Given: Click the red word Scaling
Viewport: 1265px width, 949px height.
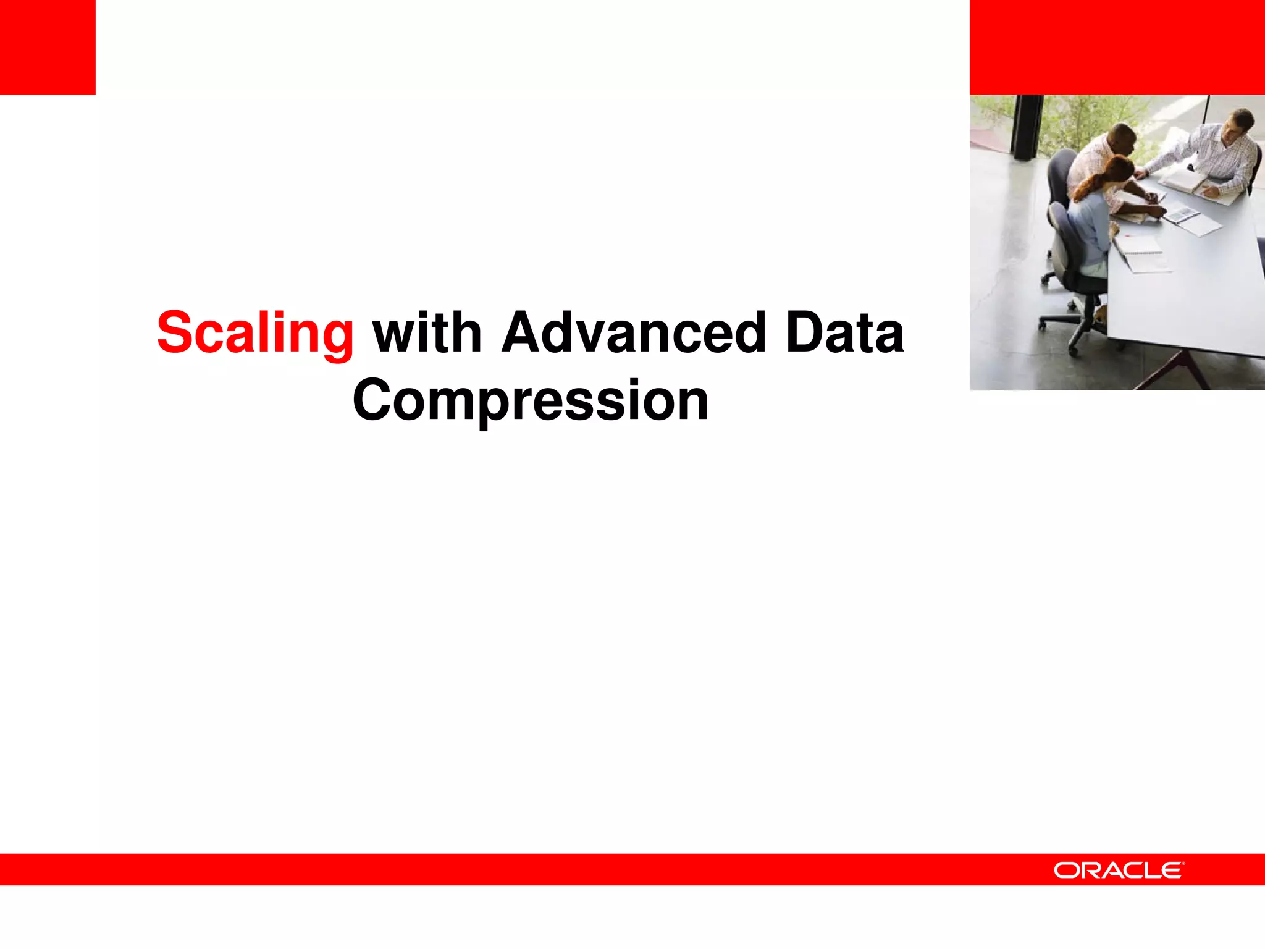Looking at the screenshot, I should [255, 334].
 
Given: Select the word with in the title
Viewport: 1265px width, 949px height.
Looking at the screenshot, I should [427, 334].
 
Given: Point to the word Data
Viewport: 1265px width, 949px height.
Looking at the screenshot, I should [844, 334].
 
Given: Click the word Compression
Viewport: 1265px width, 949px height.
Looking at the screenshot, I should [531, 401].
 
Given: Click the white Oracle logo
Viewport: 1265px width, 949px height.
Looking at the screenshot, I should [1119, 870].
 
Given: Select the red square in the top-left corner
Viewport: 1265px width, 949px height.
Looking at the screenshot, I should [48, 47].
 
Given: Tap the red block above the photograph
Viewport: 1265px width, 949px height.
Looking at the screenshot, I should [1117, 47].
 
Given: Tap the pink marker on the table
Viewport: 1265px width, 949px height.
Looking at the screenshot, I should [1128, 235].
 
